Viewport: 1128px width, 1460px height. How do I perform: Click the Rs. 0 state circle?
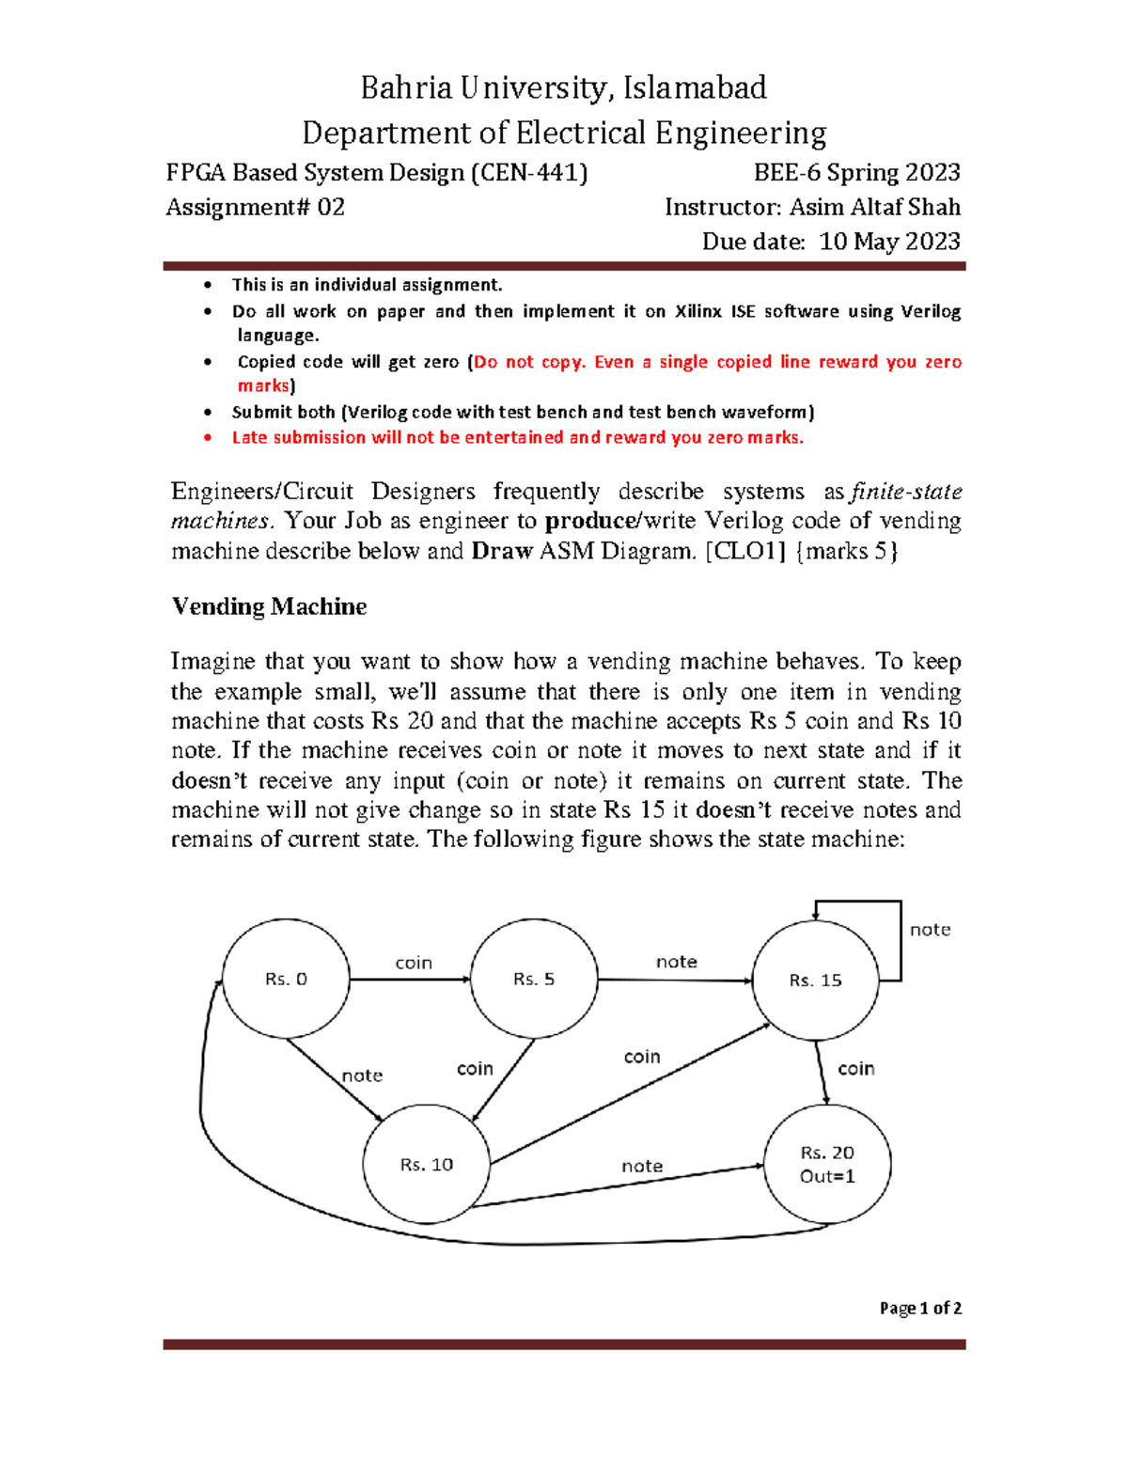tap(286, 979)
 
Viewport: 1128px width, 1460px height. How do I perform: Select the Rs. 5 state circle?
tap(534, 979)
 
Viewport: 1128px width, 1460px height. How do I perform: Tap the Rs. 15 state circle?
tap(815, 980)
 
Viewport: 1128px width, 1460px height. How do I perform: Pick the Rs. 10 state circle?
tap(426, 1164)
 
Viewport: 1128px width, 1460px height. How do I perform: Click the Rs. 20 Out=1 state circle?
tap(827, 1164)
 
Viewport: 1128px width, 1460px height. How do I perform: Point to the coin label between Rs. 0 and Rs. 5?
tap(414, 963)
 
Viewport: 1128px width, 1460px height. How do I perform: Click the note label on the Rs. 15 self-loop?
tap(930, 930)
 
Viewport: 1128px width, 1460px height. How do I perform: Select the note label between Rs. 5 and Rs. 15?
tap(677, 962)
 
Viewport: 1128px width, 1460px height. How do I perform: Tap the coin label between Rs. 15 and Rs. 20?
tap(856, 1069)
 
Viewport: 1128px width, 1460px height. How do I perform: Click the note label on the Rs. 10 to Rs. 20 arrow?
tap(642, 1166)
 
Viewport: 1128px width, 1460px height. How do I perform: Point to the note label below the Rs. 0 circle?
tap(362, 1075)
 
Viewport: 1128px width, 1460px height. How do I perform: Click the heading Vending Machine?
tap(269, 606)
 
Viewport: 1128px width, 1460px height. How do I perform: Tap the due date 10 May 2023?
tap(889, 242)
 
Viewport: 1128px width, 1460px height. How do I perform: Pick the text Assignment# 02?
tap(256, 207)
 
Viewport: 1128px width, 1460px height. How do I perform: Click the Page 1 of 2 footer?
tap(920, 1308)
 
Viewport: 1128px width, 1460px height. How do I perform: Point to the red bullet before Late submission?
tap(208, 438)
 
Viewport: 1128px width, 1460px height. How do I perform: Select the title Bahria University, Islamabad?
tap(564, 87)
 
